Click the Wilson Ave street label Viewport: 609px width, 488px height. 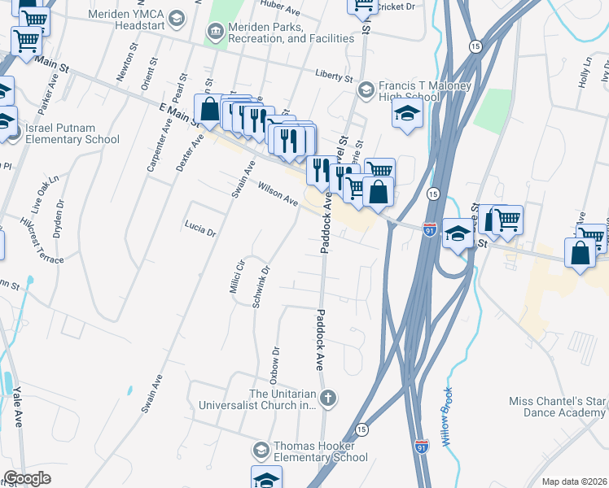click(x=278, y=194)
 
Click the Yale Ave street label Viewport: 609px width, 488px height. click(x=17, y=407)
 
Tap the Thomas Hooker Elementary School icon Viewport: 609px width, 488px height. click(x=261, y=450)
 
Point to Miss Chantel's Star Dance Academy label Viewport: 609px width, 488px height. click(x=559, y=407)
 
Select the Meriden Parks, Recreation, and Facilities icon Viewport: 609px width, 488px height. click(x=215, y=33)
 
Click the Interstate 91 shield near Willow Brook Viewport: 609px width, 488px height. click(x=421, y=447)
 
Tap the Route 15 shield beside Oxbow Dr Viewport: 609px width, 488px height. click(x=361, y=428)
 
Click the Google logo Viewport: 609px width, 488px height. click(x=27, y=478)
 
